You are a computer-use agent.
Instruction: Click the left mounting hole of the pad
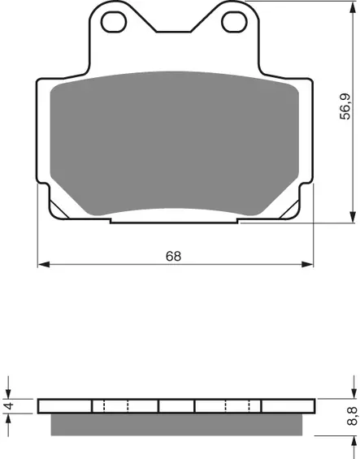tap(114, 22)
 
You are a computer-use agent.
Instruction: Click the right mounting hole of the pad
tap(234, 22)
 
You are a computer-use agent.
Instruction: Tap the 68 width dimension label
tap(173, 256)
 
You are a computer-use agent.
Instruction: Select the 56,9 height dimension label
tap(345, 106)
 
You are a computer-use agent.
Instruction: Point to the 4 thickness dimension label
tap(10, 406)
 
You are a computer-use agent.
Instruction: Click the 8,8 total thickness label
tap(352, 416)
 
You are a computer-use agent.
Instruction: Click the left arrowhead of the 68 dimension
tap(44, 264)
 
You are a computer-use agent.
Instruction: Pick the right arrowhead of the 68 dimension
tap(307, 264)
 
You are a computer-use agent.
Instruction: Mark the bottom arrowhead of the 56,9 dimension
tap(353, 217)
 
